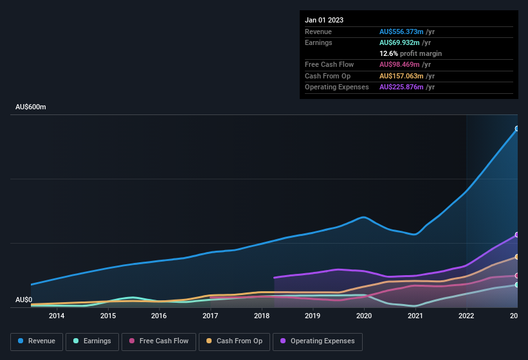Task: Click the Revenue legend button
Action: pyautogui.click(x=37, y=341)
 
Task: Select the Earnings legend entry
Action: pyautogui.click(x=93, y=341)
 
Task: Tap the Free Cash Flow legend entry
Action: pyautogui.click(x=159, y=341)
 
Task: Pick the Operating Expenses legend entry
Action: pyautogui.click(x=317, y=341)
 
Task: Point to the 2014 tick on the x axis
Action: pyautogui.click(x=57, y=316)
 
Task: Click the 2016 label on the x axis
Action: pyautogui.click(x=159, y=316)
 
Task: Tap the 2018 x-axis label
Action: pyautogui.click(x=262, y=316)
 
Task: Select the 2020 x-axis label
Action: pyautogui.click(x=364, y=316)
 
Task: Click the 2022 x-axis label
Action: pyautogui.click(x=466, y=316)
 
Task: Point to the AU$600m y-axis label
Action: pyautogui.click(x=31, y=107)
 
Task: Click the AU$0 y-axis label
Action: pyautogui.click(x=24, y=300)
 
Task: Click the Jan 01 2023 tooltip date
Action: pyautogui.click(x=324, y=20)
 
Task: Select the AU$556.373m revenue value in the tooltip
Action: pyautogui.click(x=402, y=32)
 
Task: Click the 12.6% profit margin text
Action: pyautogui.click(x=410, y=53)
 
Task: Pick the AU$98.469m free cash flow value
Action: pyautogui.click(x=400, y=64)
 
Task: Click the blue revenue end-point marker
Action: pyautogui.click(x=516, y=129)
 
